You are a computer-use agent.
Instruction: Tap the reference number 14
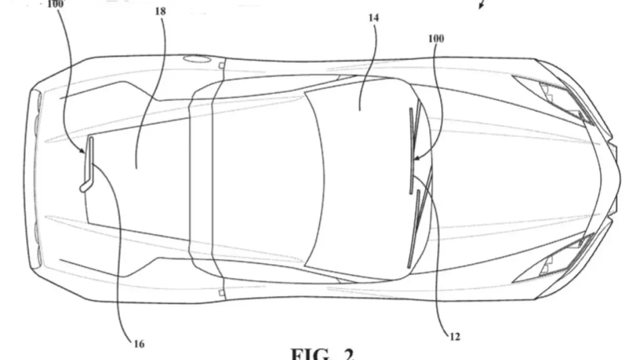(x=373, y=18)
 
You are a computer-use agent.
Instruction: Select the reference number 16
(x=139, y=343)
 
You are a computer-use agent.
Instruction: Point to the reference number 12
(x=454, y=337)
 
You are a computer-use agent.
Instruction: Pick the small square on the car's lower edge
(x=221, y=293)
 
